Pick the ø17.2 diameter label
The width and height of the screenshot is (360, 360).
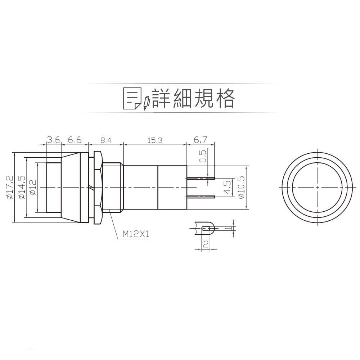pyautogui.click(x=10, y=187)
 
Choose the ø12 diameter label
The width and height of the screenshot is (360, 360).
pyautogui.click(x=32, y=187)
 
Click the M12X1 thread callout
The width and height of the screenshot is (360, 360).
pyautogui.click(x=136, y=234)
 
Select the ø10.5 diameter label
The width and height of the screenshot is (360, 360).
pyautogui.click(x=242, y=187)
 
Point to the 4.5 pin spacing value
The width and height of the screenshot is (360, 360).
pyautogui.click(x=227, y=187)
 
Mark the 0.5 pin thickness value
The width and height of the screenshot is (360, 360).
pyautogui.click(x=203, y=156)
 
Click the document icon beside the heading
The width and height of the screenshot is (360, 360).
pyautogui.click(x=132, y=98)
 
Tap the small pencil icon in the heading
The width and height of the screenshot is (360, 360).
pyautogui.click(x=146, y=103)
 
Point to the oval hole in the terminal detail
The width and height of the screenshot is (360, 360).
pyautogui.click(x=206, y=228)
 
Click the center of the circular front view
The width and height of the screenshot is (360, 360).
pyautogui.click(x=317, y=188)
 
